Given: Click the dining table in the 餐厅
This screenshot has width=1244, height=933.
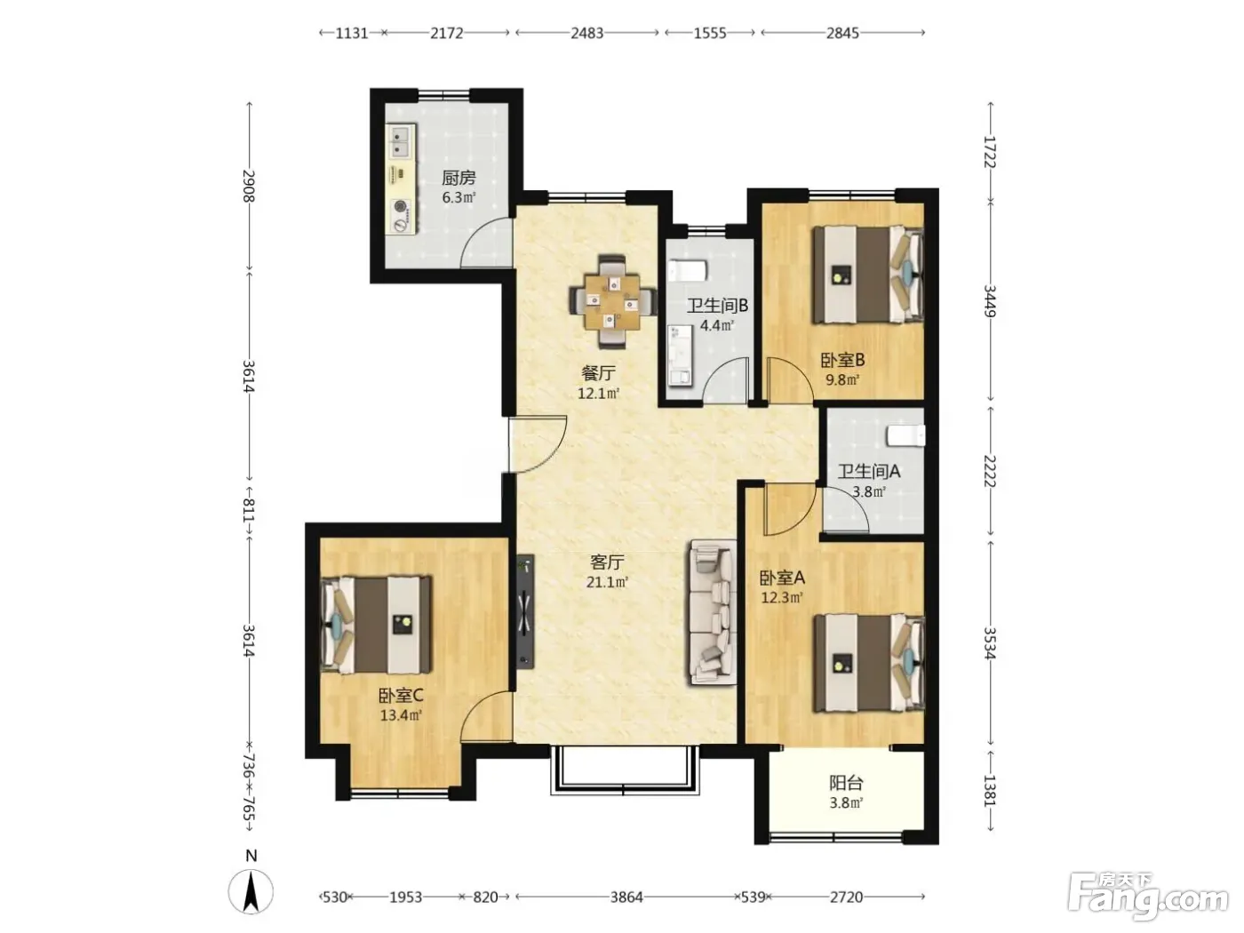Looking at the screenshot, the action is click(613, 301).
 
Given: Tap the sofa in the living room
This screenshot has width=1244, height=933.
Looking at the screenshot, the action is click(713, 612).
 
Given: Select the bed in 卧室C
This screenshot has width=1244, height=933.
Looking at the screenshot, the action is click(377, 625).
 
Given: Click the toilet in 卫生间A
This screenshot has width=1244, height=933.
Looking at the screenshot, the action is click(905, 435).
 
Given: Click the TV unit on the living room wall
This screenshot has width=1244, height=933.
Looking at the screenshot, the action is click(524, 611).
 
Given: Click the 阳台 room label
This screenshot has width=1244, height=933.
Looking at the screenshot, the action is click(846, 784).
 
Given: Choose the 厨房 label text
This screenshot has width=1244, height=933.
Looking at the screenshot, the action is click(459, 178).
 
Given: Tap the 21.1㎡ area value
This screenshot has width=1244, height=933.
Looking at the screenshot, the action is click(608, 582).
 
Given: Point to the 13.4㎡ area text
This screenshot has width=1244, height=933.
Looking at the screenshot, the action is click(401, 715).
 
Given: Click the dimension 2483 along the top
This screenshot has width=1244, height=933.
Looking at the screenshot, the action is click(586, 34).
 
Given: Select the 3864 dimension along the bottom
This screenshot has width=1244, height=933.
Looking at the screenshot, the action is click(626, 897).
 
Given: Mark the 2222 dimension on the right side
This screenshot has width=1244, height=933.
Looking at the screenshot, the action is click(990, 471).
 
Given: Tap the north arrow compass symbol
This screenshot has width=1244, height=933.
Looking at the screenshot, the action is click(251, 884).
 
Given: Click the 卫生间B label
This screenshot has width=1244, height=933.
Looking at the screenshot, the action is click(717, 306).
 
